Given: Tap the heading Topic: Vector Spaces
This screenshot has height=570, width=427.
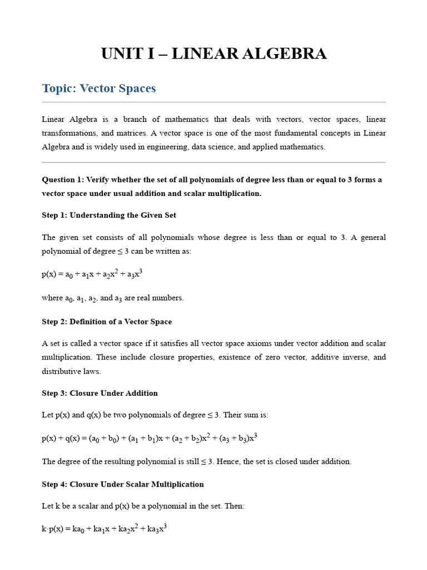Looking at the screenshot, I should pyautogui.click(x=99, y=88).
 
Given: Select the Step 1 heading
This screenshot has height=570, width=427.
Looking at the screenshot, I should pyautogui.click(x=109, y=215).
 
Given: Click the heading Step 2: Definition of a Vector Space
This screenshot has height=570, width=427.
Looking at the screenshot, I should pyautogui.click(x=107, y=322).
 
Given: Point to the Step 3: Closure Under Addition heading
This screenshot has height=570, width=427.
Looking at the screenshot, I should pyautogui.click(x=100, y=393).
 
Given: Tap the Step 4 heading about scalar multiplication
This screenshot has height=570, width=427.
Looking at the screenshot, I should pyautogui.click(x=123, y=484).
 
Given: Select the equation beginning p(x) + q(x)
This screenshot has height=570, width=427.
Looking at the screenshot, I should pyautogui.click(x=149, y=438).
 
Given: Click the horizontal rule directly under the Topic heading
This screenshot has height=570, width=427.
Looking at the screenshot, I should pyautogui.click(x=213, y=102).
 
